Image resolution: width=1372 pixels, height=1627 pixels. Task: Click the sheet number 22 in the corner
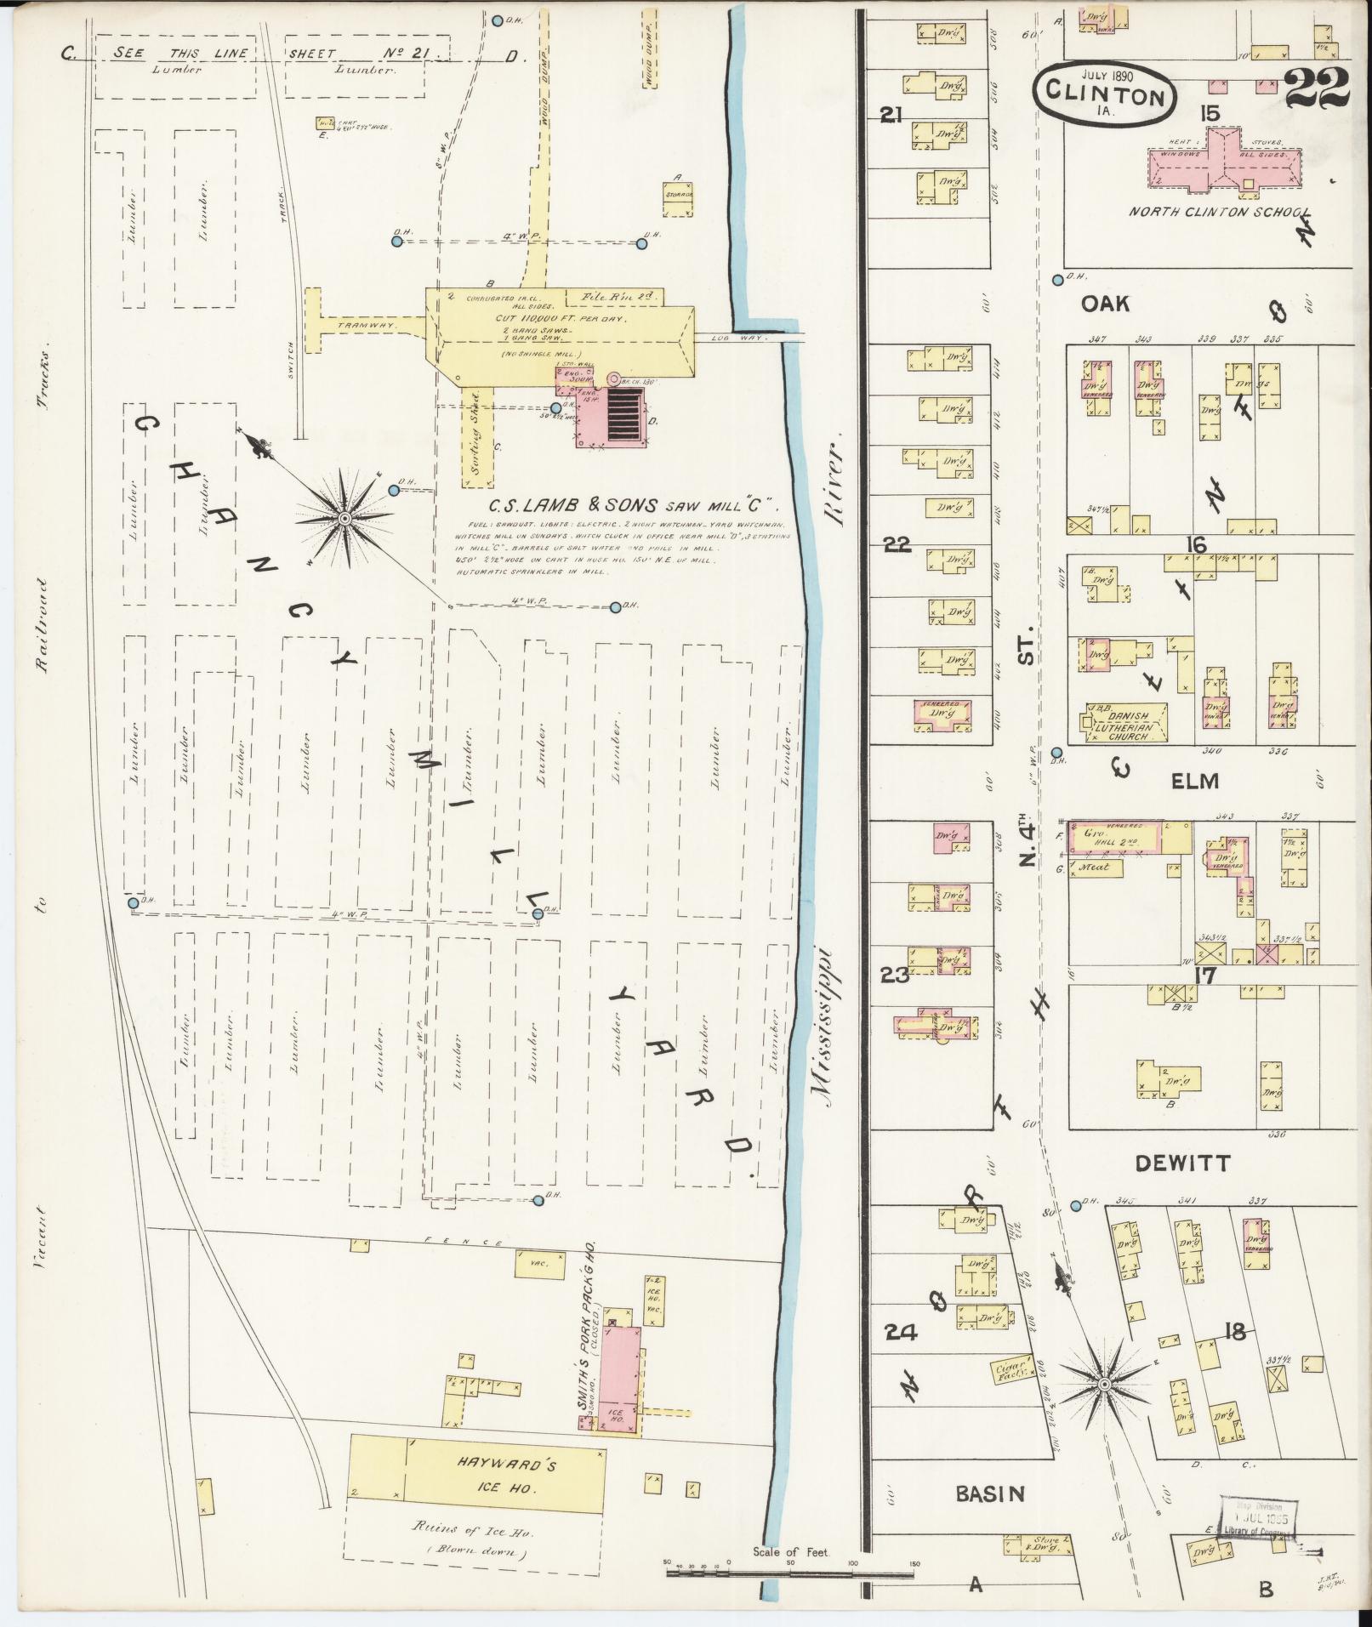click(1316, 88)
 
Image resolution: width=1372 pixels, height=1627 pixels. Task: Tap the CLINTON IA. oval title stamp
click(1105, 93)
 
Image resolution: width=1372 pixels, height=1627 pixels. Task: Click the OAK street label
click(1105, 303)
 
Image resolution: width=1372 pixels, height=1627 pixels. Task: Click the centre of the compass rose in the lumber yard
click(344, 518)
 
